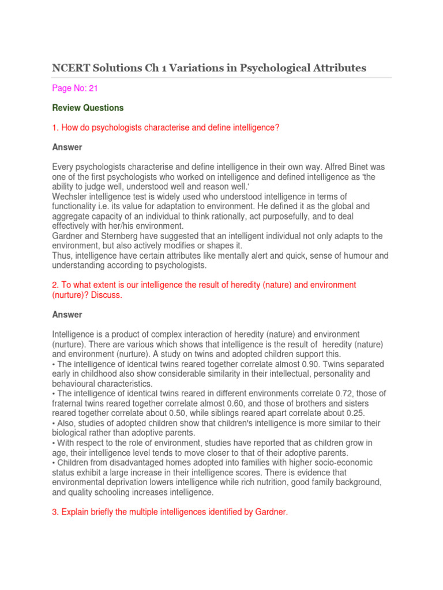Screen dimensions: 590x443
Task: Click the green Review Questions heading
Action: click(x=88, y=108)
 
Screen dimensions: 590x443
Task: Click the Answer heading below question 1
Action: click(x=67, y=147)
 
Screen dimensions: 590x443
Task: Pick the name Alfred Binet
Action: click(x=322, y=167)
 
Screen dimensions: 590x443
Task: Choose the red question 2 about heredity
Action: click(x=204, y=290)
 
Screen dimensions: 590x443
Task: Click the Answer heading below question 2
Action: click(x=67, y=315)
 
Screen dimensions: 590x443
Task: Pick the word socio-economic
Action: click(x=344, y=463)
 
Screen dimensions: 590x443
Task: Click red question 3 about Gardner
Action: click(x=170, y=512)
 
